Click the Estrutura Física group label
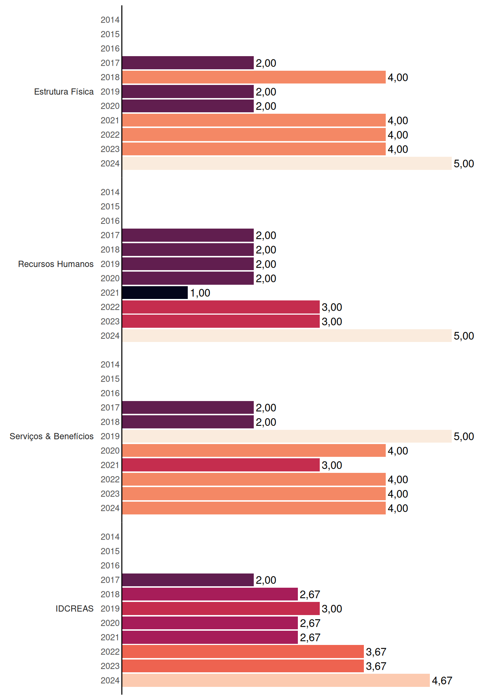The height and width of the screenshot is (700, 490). [64, 92]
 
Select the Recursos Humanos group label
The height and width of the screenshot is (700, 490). [56, 264]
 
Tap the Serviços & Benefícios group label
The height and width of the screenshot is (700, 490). [51, 436]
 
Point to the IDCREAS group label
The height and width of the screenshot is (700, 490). [74, 608]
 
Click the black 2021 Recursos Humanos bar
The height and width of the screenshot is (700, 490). [155, 293]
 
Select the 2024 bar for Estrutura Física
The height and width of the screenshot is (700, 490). [287, 163]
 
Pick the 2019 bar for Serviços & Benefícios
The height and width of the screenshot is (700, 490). [287, 436]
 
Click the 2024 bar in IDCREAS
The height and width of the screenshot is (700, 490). [276, 680]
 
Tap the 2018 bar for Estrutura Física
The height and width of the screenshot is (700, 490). [254, 77]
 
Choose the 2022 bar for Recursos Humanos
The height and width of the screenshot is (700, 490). [221, 307]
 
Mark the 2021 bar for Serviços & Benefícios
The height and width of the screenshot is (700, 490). [221, 465]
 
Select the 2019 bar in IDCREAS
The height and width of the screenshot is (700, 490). [221, 608]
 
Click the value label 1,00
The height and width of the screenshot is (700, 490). [200, 293]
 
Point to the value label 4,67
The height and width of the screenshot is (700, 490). [442, 681]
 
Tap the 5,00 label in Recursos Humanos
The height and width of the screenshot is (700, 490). [464, 336]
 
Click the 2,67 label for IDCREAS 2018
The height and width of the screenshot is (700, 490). [310, 595]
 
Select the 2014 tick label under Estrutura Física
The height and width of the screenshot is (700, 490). [110, 20]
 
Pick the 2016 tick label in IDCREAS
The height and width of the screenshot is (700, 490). [110, 565]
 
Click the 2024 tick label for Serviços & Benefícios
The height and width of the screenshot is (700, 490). [110, 508]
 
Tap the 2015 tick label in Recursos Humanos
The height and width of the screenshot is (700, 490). [110, 206]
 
